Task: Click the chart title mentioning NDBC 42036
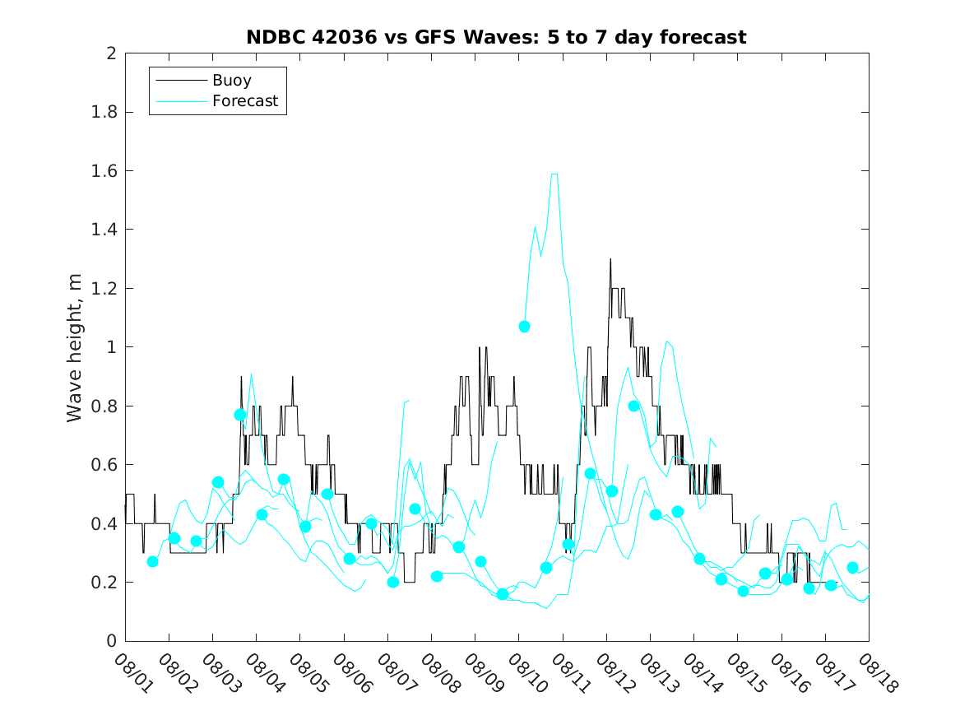pyautogui.click(x=496, y=38)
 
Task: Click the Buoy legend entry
pyautogui.click(x=231, y=81)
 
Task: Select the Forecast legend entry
pyautogui.click(x=244, y=102)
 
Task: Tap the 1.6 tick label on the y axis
pyautogui.click(x=104, y=171)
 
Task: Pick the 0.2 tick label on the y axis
pyautogui.click(x=104, y=583)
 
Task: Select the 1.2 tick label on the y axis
pyautogui.click(x=104, y=289)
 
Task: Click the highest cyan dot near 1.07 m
pyautogui.click(x=524, y=327)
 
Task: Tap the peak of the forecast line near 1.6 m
pyautogui.click(x=554, y=174)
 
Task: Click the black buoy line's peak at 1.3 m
pyautogui.click(x=610, y=259)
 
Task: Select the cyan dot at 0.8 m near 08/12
pyautogui.click(x=633, y=406)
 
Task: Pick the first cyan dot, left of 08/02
pyautogui.click(x=152, y=561)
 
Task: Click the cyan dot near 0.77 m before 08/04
pyautogui.click(x=240, y=415)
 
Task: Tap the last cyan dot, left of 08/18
pyautogui.click(x=852, y=568)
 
